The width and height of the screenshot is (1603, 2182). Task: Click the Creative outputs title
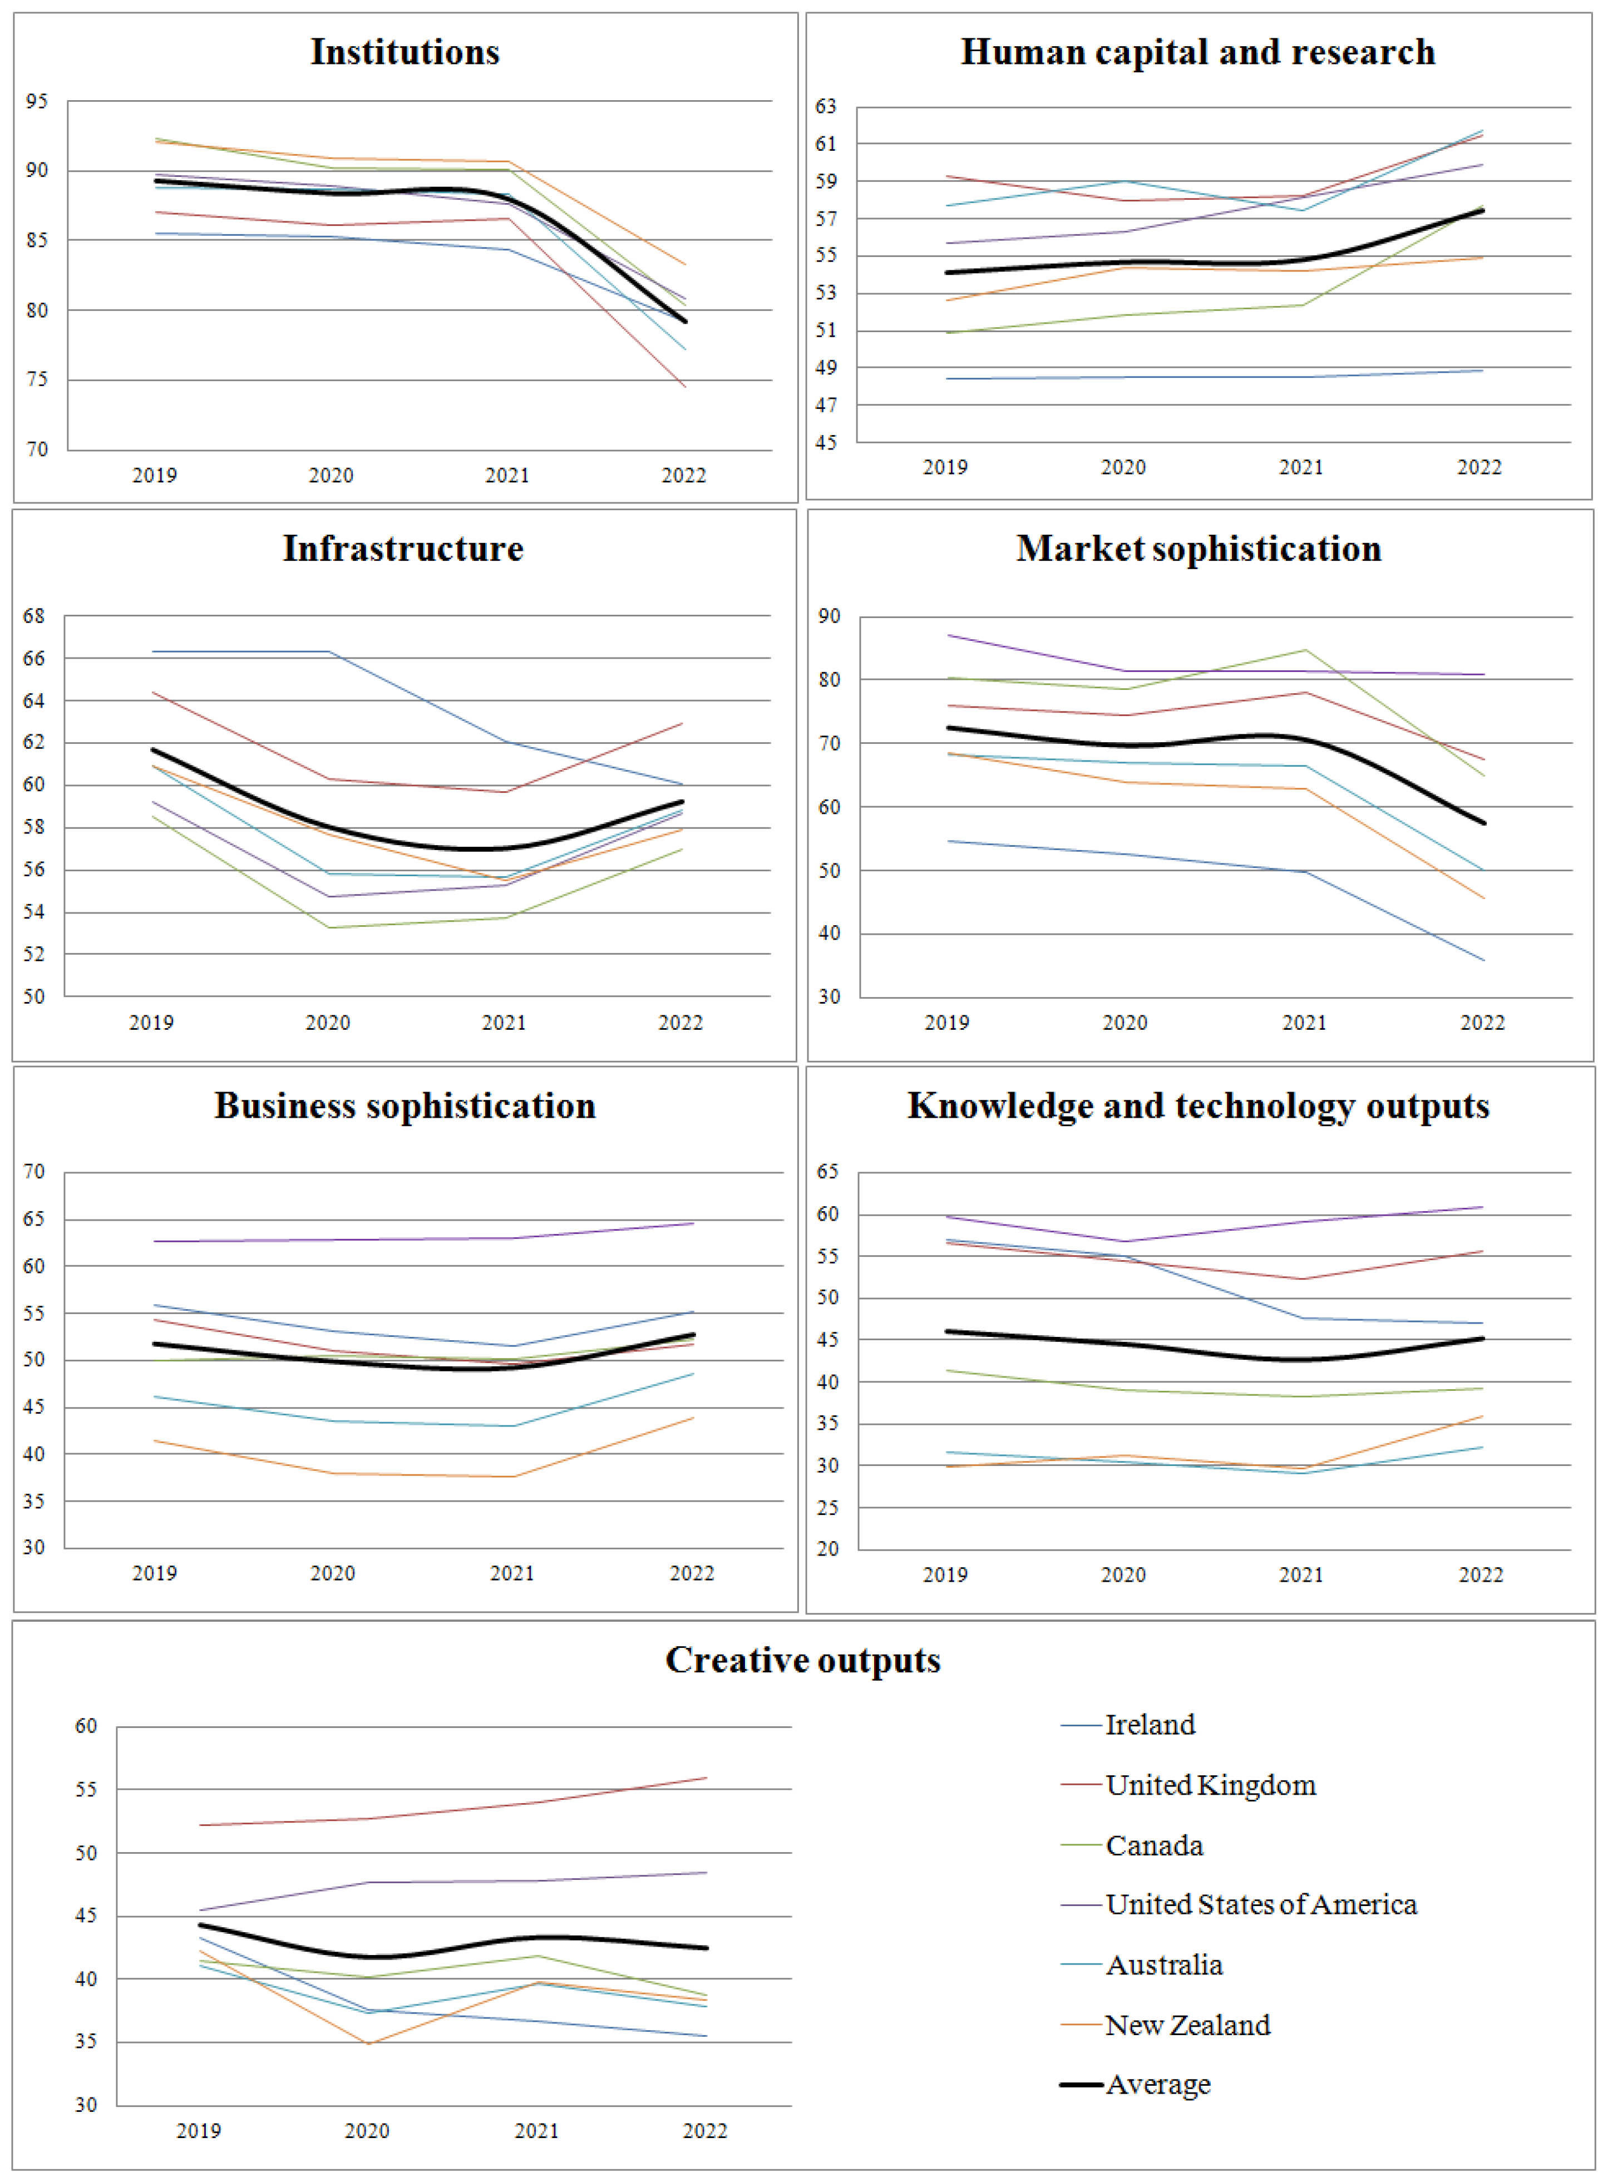point(802,1660)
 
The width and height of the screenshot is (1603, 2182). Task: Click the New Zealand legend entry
point(1187,2025)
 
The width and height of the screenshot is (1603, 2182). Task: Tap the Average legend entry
point(1158,2084)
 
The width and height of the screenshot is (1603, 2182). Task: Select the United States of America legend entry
point(1260,1904)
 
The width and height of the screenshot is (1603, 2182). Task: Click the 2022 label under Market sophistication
point(1482,1023)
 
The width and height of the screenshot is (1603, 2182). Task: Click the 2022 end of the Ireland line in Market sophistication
point(1483,960)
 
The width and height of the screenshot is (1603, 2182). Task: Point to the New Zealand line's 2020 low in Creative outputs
point(368,2043)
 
